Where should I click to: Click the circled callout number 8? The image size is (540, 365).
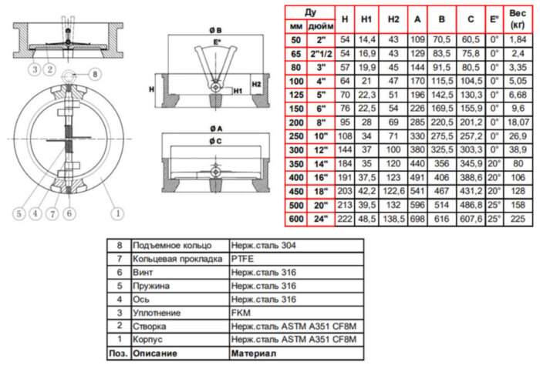[94, 75]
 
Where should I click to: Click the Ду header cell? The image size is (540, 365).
[310, 12]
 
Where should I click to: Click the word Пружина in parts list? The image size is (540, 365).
[152, 286]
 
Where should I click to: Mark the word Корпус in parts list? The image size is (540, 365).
[149, 340]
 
